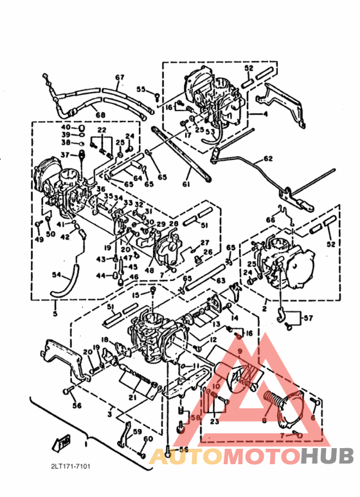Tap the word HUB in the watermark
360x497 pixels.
327,456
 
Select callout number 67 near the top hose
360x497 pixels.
120,78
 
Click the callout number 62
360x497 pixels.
267,158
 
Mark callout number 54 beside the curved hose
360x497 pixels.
56,275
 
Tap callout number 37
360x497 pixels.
64,155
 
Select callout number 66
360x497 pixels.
270,219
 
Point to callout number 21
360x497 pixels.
132,397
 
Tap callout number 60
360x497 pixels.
148,438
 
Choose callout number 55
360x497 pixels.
140,90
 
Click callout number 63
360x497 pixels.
221,280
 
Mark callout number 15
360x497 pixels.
136,295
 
